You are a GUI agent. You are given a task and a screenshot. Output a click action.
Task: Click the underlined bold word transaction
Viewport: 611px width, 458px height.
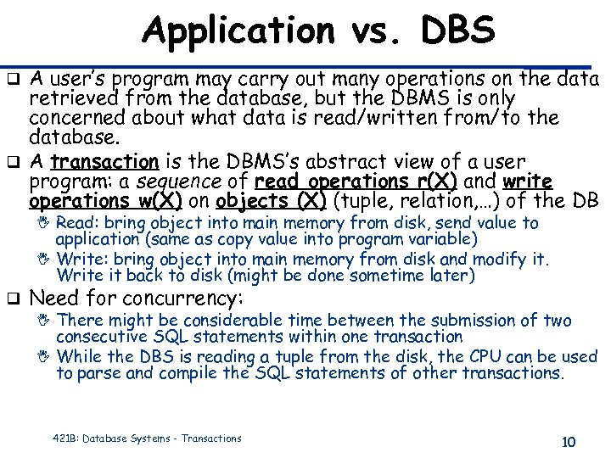104,161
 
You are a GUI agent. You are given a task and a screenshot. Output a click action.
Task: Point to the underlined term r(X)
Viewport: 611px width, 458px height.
434,182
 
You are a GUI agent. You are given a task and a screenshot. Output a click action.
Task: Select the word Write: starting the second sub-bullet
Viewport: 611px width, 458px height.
80,258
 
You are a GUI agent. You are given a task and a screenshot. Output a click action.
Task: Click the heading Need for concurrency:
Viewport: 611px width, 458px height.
136,298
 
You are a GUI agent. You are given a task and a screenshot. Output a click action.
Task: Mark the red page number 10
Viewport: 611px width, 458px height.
569,442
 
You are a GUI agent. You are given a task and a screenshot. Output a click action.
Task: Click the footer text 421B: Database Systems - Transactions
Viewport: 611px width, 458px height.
146,438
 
